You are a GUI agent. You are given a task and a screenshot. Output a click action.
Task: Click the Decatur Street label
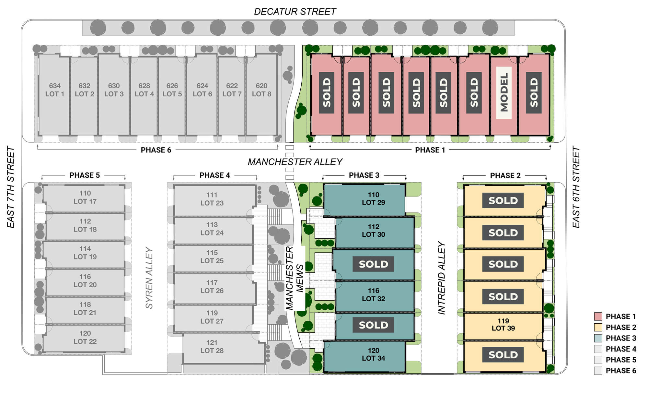coord(295,12)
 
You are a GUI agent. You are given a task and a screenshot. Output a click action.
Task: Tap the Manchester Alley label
coord(295,162)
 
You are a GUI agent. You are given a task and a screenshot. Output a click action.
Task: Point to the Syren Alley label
coord(149,278)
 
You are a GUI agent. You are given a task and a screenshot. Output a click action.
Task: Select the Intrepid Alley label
coord(442,278)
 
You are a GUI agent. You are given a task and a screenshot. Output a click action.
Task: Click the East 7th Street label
coord(11,187)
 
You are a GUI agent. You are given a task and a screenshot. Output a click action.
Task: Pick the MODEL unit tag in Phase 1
coord(504,93)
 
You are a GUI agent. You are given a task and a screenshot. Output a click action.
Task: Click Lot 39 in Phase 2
coord(503,325)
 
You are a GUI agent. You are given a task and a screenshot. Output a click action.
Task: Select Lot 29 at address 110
coord(373,199)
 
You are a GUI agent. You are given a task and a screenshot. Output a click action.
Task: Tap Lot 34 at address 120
coord(373,354)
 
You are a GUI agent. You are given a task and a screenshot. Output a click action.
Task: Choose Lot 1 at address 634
coord(55,90)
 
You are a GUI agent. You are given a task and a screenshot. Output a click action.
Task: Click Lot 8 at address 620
coord(261,90)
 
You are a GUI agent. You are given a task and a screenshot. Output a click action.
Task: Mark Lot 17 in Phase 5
coord(85,197)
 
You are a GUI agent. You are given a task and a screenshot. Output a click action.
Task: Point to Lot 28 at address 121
coord(212,347)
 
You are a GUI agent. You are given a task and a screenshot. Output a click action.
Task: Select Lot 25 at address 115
coord(212,257)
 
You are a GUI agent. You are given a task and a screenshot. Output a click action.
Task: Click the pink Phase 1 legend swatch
coord(598,317)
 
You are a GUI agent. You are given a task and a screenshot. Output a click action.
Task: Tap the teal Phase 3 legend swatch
coord(598,338)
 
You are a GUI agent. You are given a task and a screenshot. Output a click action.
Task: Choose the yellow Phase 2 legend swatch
coord(598,327)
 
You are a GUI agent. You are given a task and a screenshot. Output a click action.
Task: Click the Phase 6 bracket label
coord(156,150)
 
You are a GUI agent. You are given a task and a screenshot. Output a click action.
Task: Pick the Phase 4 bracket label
coord(214,175)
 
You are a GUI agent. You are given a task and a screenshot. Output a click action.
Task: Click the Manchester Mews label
coord(295,278)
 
